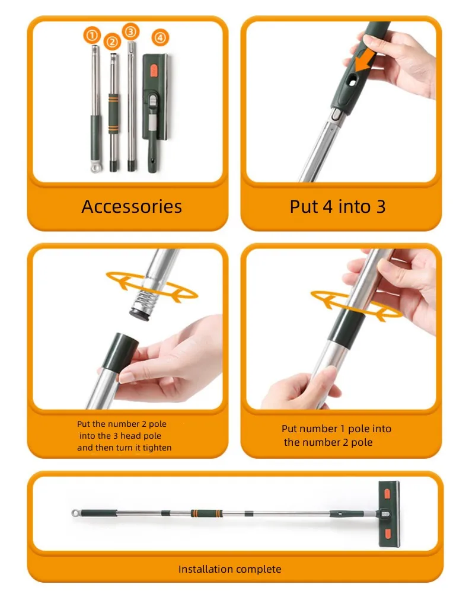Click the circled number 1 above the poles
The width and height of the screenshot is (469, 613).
tap(92, 36)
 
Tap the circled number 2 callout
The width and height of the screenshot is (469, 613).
tap(112, 41)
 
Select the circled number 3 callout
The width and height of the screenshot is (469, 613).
tap(130, 31)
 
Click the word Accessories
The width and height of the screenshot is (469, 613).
tap(132, 206)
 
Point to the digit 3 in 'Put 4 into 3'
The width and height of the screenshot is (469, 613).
tap(380, 206)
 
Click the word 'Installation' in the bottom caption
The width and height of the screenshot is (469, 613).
tap(205, 569)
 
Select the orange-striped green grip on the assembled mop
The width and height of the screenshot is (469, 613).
tap(203, 513)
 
